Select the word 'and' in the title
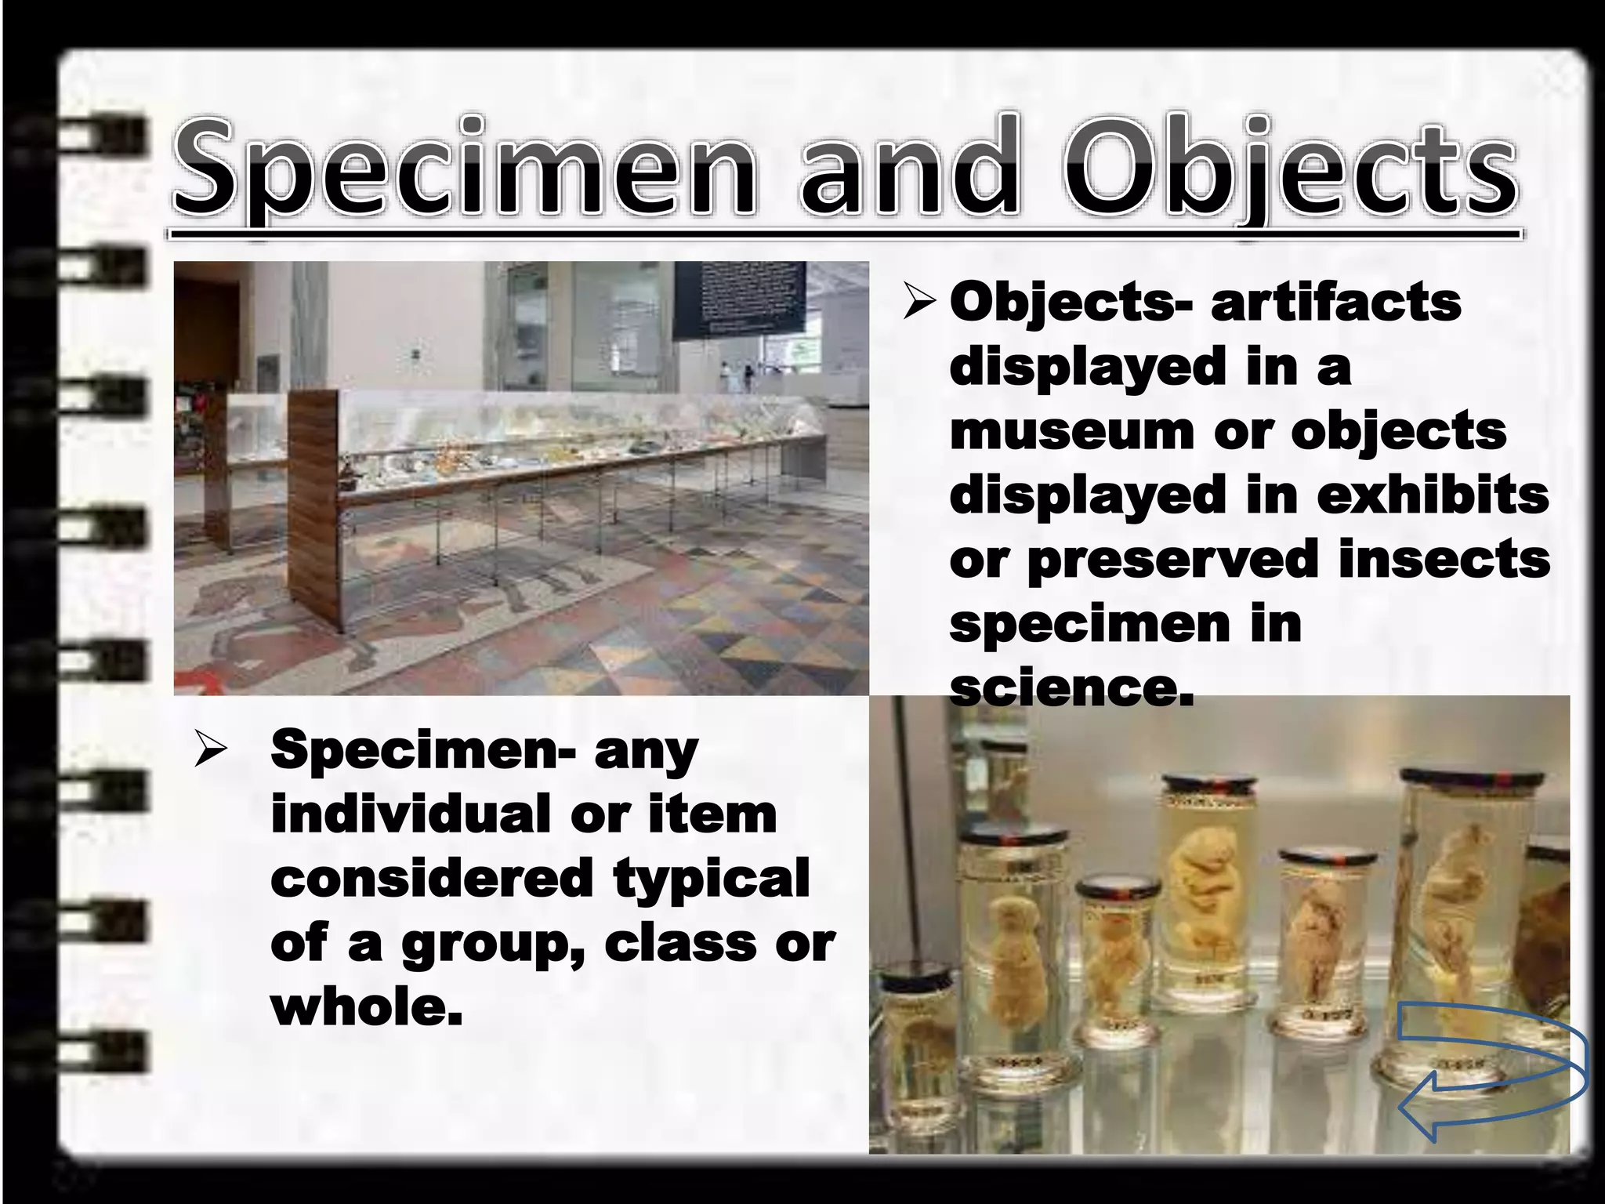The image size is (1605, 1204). click(x=909, y=169)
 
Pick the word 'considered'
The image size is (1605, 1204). click(x=431, y=878)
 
